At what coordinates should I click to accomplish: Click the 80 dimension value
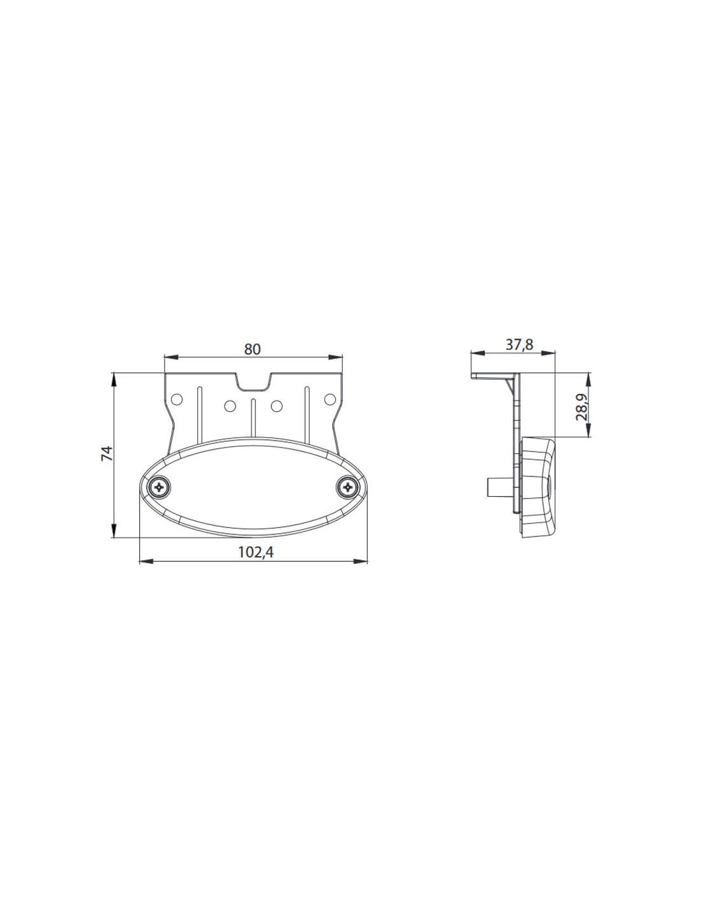[252, 349]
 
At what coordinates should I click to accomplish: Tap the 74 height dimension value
[107, 453]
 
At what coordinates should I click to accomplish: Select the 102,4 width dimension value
[256, 552]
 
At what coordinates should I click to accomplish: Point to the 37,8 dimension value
[519, 345]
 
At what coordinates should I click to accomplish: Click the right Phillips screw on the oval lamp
[347, 487]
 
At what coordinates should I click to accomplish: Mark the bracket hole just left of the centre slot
[230, 405]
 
